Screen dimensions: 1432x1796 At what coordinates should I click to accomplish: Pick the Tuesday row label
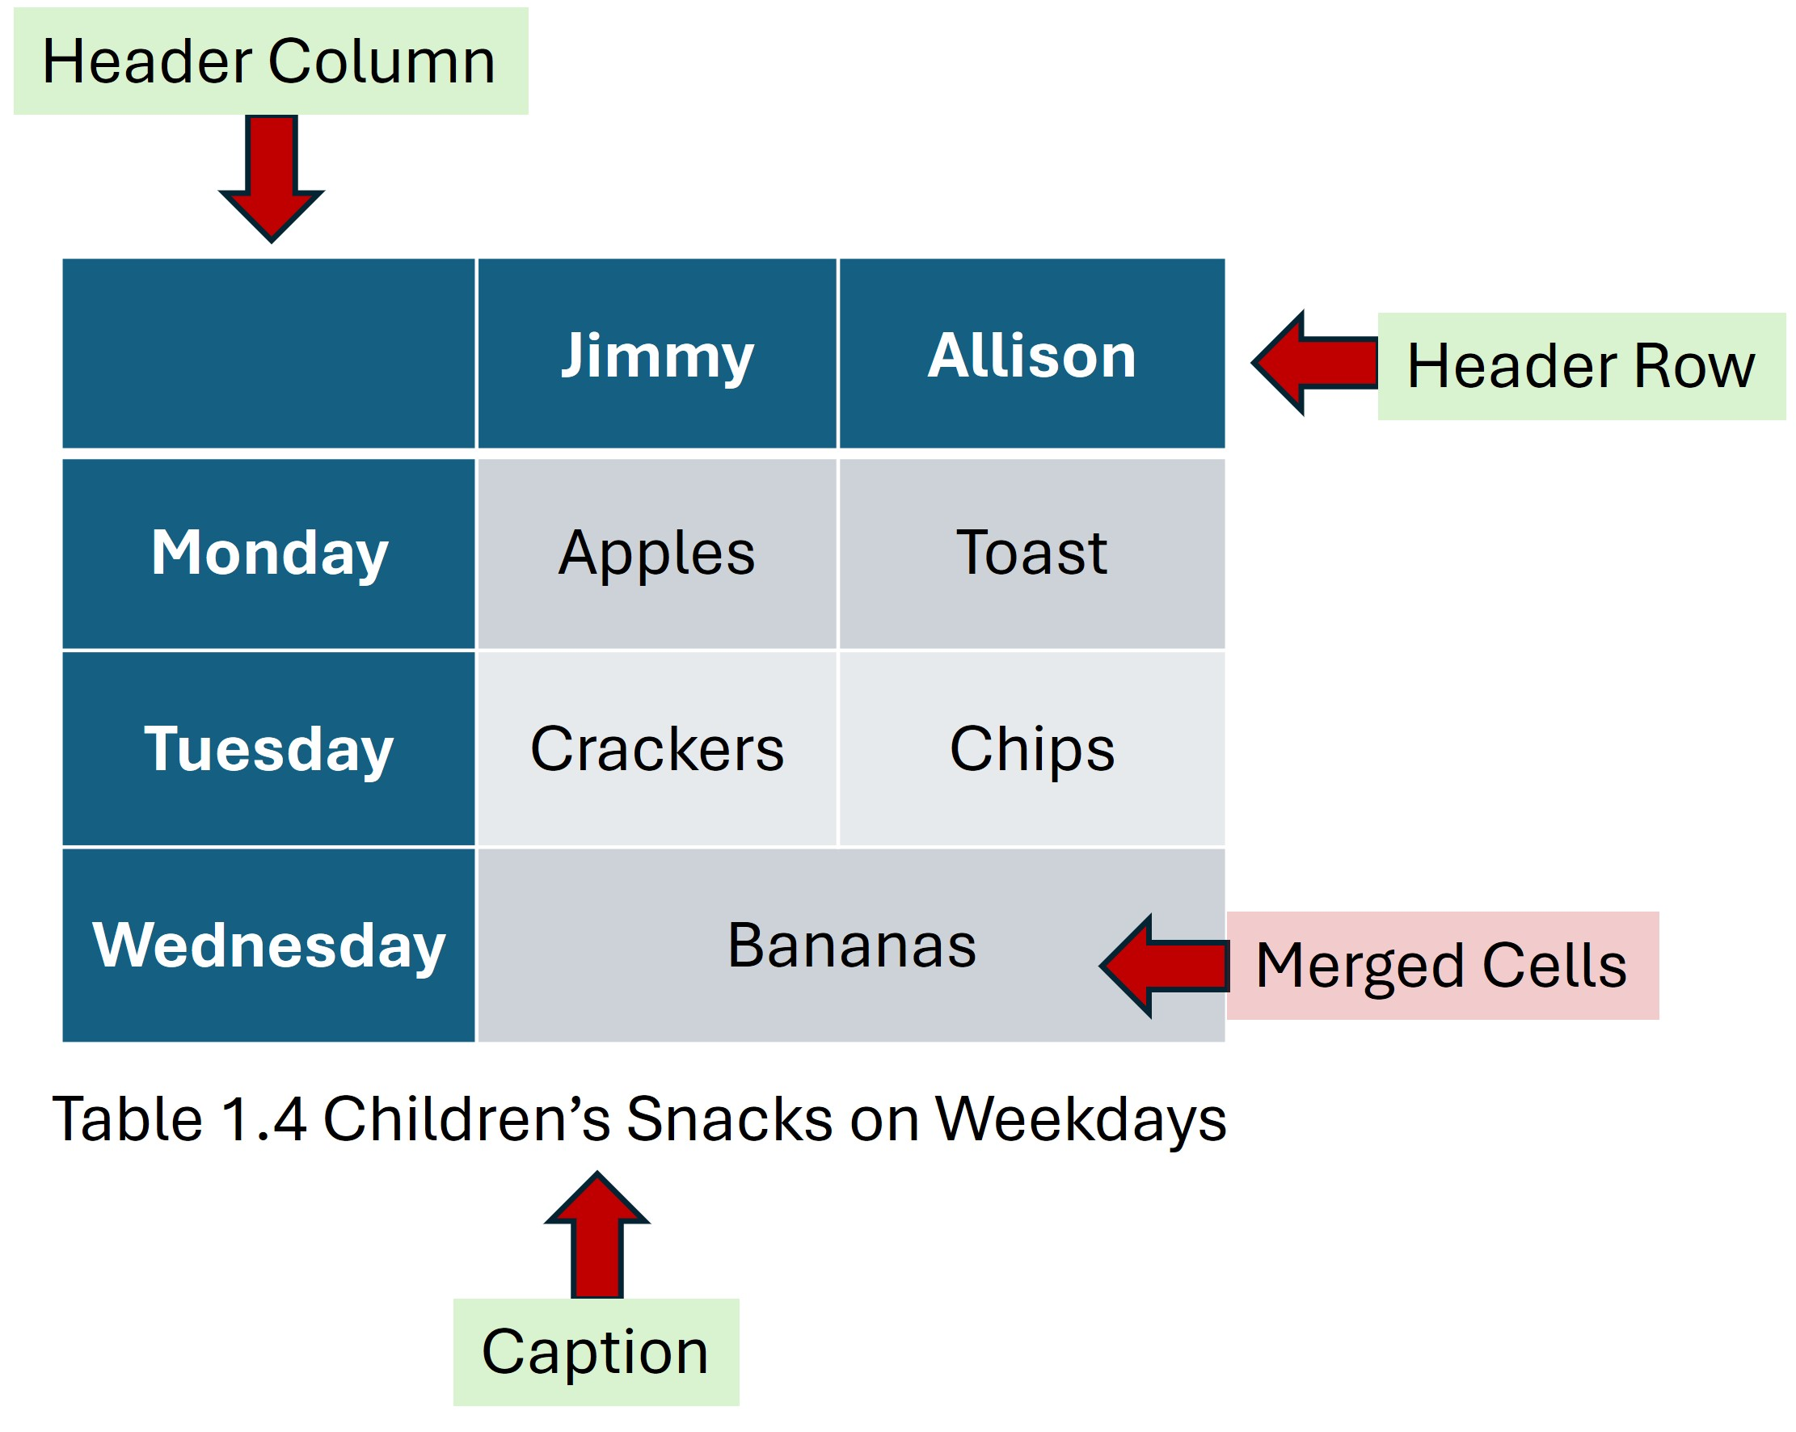pos(269,749)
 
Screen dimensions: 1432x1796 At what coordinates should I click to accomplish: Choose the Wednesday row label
pos(269,945)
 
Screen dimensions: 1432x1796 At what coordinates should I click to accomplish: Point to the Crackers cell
pos(657,749)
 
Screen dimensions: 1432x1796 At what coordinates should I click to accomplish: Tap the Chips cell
pos(1031,749)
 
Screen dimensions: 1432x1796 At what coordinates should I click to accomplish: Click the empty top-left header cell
pos(269,354)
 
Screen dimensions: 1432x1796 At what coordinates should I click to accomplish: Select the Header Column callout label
pos(271,61)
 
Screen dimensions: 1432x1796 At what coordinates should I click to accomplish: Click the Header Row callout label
pos(1580,367)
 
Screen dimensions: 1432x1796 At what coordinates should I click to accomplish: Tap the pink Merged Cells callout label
pos(1441,966)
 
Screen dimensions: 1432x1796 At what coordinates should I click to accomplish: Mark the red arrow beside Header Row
pos(1316,363)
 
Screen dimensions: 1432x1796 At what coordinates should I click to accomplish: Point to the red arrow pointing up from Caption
pos(597,1236)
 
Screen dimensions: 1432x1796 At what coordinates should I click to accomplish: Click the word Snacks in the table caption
pos(730,1118)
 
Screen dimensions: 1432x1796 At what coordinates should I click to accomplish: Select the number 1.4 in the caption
pos(264,1118)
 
